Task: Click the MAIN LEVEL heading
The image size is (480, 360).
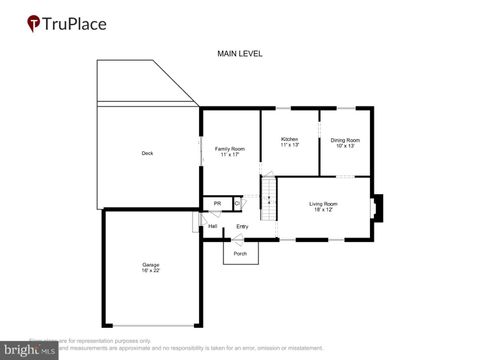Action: [240, 53]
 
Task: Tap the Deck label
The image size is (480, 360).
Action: [147, 153]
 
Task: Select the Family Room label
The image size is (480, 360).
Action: [230, 148]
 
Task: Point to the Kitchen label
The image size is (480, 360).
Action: [289, 139]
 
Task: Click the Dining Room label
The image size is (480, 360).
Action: [345, 139]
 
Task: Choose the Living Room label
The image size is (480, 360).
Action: [323, 204]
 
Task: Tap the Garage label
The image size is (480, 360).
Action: [150, 264]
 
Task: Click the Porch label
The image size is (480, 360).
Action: [240, 253]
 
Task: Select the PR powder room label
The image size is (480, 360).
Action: [217, 204]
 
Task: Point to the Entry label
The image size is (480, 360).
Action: [242, 226]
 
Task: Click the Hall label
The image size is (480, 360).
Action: [213, 226]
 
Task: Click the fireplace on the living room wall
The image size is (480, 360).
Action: [376, 207]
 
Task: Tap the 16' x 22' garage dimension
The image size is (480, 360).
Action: [150, 270]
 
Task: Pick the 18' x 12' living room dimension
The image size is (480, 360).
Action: [323, 210]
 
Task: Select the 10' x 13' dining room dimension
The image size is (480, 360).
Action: [345, 145]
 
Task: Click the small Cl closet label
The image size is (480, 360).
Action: [237, 204]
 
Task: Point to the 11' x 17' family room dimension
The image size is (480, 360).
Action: [230, 154]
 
